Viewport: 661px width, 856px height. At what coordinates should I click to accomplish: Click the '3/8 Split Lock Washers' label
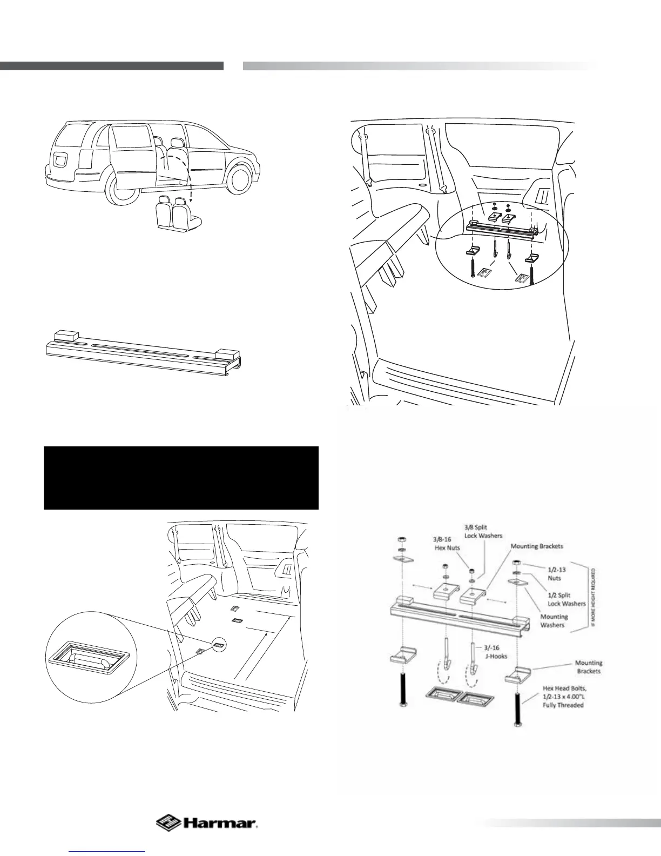pos(483,531)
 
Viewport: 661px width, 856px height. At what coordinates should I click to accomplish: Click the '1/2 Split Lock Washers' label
pos(566,599)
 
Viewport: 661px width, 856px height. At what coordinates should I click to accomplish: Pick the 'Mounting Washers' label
pos(554,620)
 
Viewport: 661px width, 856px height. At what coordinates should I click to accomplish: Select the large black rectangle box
pos(181,478)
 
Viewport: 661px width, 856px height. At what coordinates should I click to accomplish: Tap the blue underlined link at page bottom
pos(107,851)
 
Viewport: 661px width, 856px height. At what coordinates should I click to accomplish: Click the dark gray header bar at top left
pos(111,66)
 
